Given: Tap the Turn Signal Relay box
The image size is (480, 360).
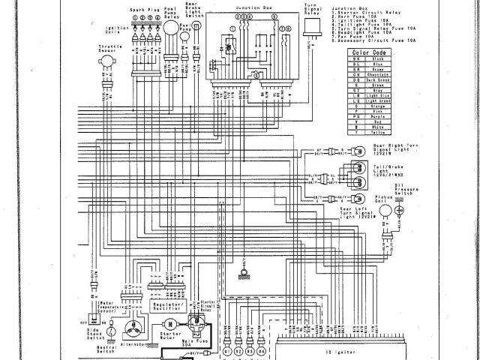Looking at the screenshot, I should [x=311, y=27].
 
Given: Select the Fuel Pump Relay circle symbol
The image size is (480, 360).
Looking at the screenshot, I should [x=172, y=28].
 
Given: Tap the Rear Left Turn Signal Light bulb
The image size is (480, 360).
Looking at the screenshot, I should [x=358, y=199].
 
